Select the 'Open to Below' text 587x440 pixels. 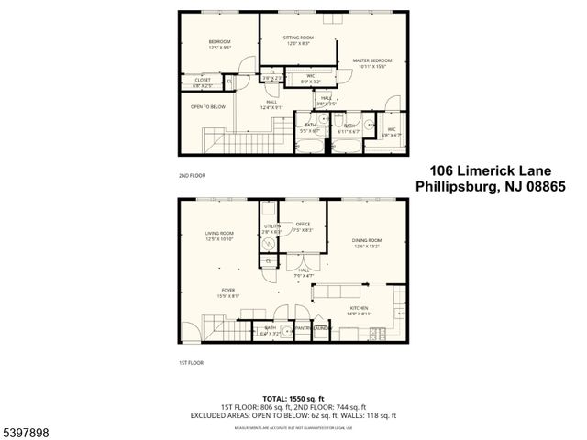(208, 106)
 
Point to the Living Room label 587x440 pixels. (220, 234)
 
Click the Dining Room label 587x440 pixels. (367, 240)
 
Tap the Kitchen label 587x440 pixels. (359, 308)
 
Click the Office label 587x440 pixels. (303, 225)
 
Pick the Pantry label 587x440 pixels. (302, 327)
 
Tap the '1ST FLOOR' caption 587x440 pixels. (192, 363)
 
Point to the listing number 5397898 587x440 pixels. (27, 429)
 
